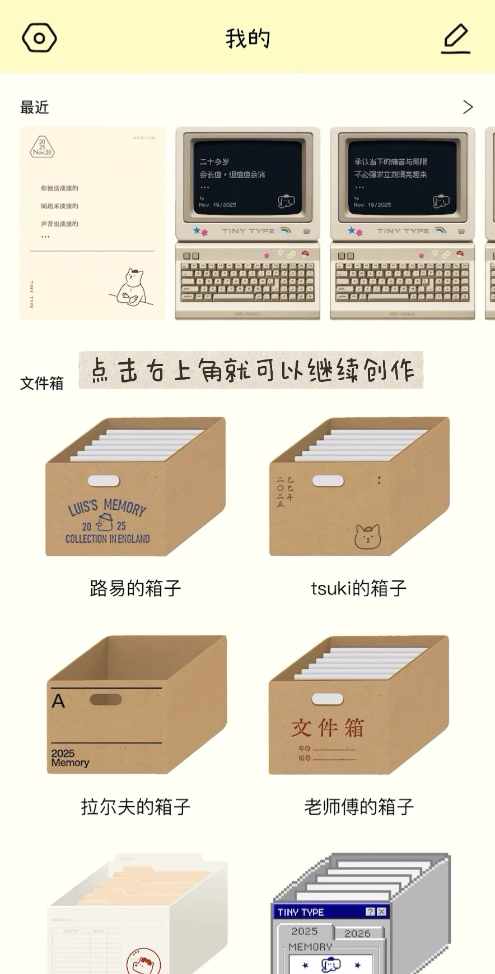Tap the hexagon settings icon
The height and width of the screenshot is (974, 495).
pyautogui.click(x=39, y=38)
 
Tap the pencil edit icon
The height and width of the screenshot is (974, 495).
pyautogui.click(x=456, y=38)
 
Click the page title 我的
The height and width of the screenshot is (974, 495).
pyautogui.click(x=247, y=39)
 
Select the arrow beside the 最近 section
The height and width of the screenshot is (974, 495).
pyautogui.click(x=468, y=107)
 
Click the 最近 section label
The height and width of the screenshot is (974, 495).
pyautogui.click(x=35, y=107)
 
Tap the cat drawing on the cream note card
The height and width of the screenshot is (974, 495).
pyautogui.click(x=133, y=287)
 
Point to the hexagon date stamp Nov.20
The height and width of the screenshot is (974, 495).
pyautogui.click(x=42, y=147)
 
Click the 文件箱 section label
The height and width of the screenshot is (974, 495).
pyautogui.click(x=42, y=384)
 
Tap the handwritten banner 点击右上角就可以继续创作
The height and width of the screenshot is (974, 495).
pyautogui.click(x=251, y=370)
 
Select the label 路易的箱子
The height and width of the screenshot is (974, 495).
pyautogui.click(x=136, y=588)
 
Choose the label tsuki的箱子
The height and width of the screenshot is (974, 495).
pyautogui.click(x=358, y=588)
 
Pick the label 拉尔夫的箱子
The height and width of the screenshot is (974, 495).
pyautogui.click(x=136, y=807)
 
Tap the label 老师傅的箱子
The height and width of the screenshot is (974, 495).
pyautogui.click(x=358, y=807)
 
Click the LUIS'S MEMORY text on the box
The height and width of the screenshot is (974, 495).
pyautogui.click(x=108, y=507)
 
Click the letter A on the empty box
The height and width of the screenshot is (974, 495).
pyautogui.click(x=58, y=701)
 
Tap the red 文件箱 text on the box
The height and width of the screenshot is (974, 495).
pyautogui.click(x=328, y=728)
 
